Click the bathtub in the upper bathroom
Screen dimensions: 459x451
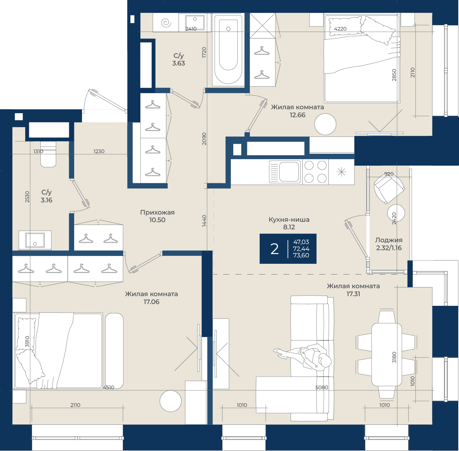228,50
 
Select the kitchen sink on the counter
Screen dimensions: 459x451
285,172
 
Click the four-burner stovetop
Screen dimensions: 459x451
316,172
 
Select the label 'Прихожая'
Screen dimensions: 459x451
157,212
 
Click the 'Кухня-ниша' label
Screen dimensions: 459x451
289,219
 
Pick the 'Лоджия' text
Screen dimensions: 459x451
389,240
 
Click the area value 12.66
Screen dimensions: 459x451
297,115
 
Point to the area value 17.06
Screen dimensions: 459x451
151,302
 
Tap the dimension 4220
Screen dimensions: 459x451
340,29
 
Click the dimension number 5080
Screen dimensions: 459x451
322,387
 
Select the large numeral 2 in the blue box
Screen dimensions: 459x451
274,249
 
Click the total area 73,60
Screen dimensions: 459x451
301,255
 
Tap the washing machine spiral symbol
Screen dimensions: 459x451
166,23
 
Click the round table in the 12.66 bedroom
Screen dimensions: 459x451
325,124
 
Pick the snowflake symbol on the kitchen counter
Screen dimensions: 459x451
341,172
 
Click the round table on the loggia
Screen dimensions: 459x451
396,213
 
